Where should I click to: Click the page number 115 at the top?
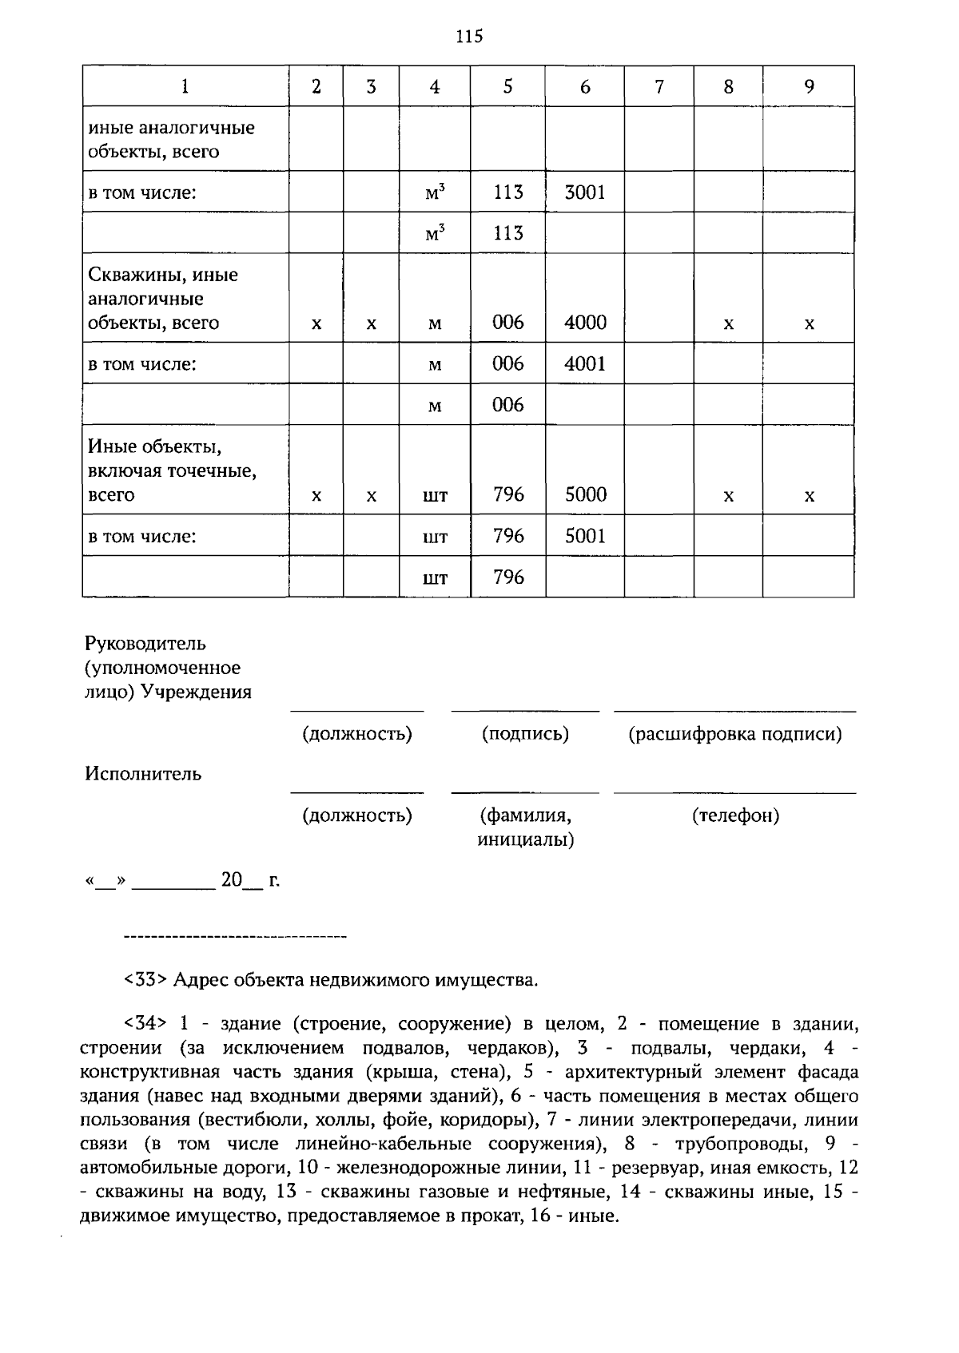[470, 37]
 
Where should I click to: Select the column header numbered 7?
[659, 86]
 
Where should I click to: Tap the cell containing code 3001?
[585, 192]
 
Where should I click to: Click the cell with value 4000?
[585, 323]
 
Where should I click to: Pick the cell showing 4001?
[585, 364]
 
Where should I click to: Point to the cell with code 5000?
[585, 494]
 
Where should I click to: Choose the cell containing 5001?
[585, 536]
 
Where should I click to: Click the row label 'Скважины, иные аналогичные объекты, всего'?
[163, 299]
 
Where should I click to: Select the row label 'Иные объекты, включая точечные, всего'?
[172, 470]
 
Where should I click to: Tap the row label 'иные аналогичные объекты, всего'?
[171, 140]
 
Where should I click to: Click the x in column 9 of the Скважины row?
[809, 324]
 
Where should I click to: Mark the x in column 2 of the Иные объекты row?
[316, 496]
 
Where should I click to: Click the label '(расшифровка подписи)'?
[735, 734]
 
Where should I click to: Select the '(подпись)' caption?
[525, 734]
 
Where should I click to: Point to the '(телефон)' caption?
[735, 815]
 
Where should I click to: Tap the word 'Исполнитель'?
[143, 774]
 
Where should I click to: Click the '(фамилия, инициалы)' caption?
[525, 827]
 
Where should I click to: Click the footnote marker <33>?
[145, 980]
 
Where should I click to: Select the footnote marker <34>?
[145, 1024]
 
